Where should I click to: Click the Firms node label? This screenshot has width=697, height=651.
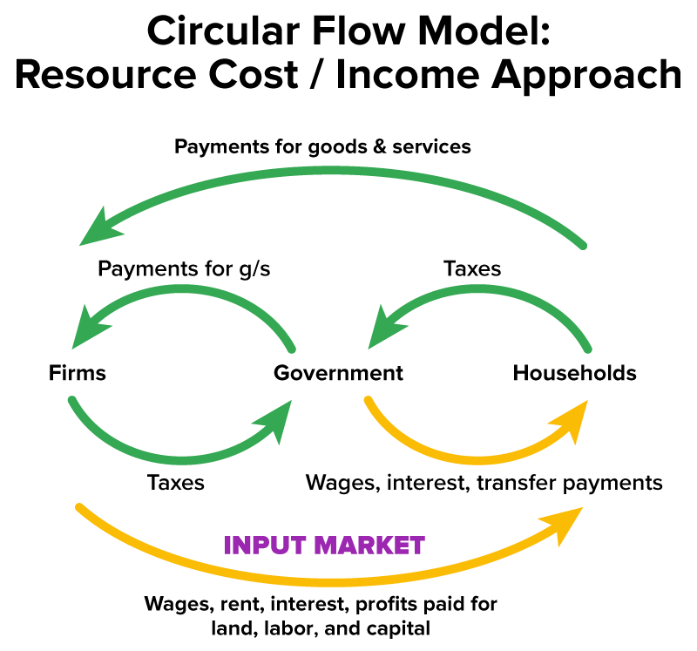pos(78,374)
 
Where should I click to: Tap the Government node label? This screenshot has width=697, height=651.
pos(338,374)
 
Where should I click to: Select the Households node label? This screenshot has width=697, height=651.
pos(574,374)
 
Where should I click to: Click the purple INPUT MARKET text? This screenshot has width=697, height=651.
pos(324,546)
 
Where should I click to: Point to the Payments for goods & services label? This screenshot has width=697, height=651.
pos(322,146)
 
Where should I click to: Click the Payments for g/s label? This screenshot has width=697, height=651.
pos(184,268)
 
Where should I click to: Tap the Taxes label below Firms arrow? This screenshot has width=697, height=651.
pos(176,482)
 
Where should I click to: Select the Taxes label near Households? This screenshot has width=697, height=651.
pos(472,268)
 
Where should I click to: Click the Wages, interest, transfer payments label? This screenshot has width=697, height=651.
pos(484,482)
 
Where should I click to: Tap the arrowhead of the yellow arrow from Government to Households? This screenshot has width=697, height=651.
pos(571,419)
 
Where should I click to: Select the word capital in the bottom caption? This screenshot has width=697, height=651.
pos(399,627)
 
